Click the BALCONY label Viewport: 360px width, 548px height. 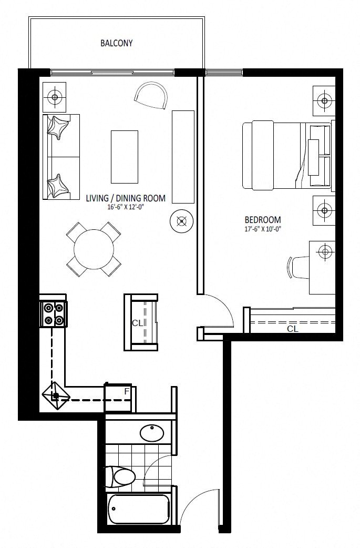pos(116,43)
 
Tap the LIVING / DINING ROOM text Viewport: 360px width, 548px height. pos(126,198)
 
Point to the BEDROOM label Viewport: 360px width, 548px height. pos(263,220)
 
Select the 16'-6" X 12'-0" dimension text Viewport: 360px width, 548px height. pos(126,207)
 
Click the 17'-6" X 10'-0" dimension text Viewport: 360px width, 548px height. pos(263,229)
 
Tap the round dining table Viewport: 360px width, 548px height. pos(94,249)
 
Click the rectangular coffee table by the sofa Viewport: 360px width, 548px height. pos(125,157)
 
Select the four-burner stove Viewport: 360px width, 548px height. pos(53,313)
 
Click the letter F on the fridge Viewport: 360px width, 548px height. pos(127,391)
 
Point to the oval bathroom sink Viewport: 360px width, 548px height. pos(152,433)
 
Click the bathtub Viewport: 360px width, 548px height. pos(139,509)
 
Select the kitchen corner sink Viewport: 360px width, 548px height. pos(56,395)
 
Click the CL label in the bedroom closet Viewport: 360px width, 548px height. pos(293,329)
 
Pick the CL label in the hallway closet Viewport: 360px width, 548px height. pos(137,323)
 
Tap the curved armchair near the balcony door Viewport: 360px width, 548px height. pos(151,95)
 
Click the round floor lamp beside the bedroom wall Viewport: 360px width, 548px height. pos(181,221)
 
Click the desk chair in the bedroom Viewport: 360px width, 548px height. pos(299,267)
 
